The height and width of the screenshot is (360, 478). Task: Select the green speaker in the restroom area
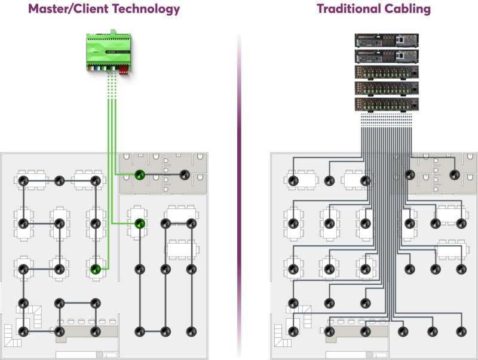point(139,175)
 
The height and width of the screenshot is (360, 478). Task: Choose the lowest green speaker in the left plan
point(95,270)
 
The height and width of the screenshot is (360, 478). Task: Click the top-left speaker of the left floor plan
point(23,181)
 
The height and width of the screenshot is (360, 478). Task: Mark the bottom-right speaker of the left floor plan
point(191,331)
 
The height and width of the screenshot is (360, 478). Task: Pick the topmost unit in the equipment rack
point(387,41)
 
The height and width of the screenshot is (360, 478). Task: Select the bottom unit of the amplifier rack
point(387,104)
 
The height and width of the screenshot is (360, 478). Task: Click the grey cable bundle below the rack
point(387,133)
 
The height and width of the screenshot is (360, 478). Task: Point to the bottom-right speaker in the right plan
point(461,331)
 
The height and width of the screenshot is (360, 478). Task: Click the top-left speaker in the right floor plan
point(293,181)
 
